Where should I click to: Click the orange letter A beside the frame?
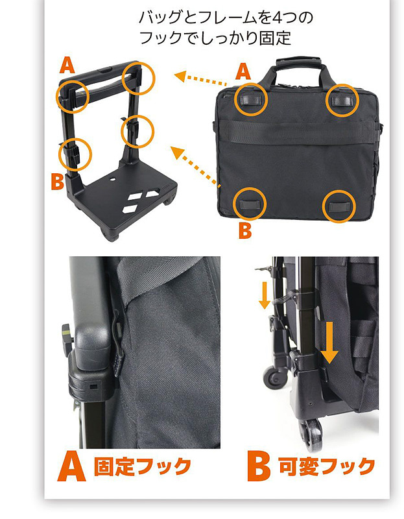67,65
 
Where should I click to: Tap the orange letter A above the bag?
243,71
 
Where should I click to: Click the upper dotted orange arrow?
200,78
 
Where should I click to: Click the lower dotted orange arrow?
195,166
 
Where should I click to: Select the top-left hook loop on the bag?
250,100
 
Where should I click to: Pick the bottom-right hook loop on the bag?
339,206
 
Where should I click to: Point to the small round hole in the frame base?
112,180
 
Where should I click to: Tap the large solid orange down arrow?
329,343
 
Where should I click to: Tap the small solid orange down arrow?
264,295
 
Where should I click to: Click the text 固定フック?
142,466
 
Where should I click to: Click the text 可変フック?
327,466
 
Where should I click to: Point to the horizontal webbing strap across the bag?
298,132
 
